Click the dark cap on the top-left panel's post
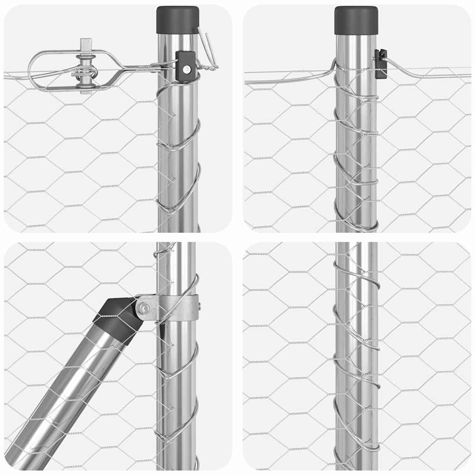pos(178,20)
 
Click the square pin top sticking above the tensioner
pos(86,44)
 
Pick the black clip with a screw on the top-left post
pos(186,66)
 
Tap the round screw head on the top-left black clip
pos(186,69)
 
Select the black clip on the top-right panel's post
pos(380,64)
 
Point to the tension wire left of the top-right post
pos(288,77)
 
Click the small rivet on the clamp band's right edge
pos(199,306)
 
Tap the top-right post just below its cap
pos(356,46)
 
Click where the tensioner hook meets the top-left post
pos(160,68)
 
